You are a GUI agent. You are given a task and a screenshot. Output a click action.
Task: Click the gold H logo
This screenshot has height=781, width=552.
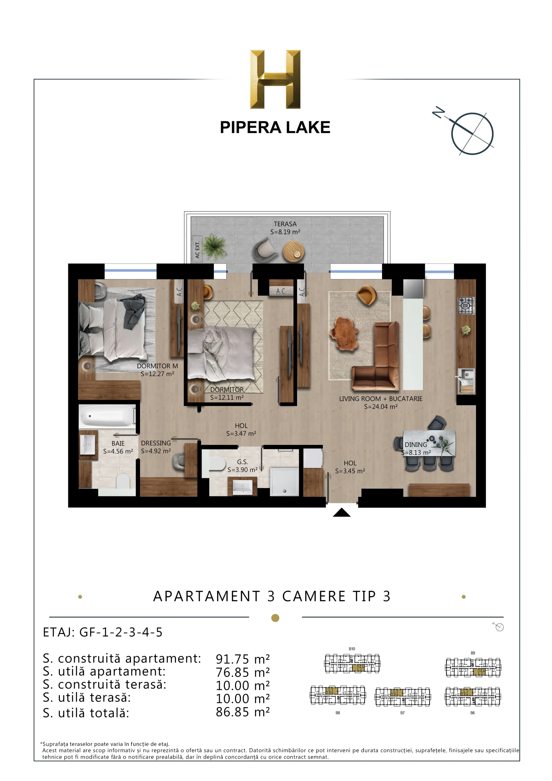coord(275,79)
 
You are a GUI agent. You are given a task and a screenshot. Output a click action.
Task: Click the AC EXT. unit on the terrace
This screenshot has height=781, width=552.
coord(197,249)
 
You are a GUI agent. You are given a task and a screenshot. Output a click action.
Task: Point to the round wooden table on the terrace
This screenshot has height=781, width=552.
coord(293,251)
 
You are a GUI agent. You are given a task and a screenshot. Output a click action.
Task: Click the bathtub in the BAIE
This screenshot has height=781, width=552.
coord(107,416)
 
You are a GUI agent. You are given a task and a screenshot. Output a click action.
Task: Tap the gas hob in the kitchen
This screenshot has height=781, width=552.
coord(466,305)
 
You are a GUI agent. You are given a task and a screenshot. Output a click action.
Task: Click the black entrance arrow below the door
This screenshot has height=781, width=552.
coord(342,512)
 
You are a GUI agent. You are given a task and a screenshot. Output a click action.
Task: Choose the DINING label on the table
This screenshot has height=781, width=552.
coord(416,444)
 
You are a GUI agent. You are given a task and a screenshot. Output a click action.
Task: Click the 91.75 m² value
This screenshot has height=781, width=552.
coord(242,659)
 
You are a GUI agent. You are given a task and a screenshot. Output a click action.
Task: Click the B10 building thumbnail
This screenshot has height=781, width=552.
coord(352,663)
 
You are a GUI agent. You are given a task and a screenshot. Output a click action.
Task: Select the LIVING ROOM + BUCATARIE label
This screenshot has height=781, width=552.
coord(381,399)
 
